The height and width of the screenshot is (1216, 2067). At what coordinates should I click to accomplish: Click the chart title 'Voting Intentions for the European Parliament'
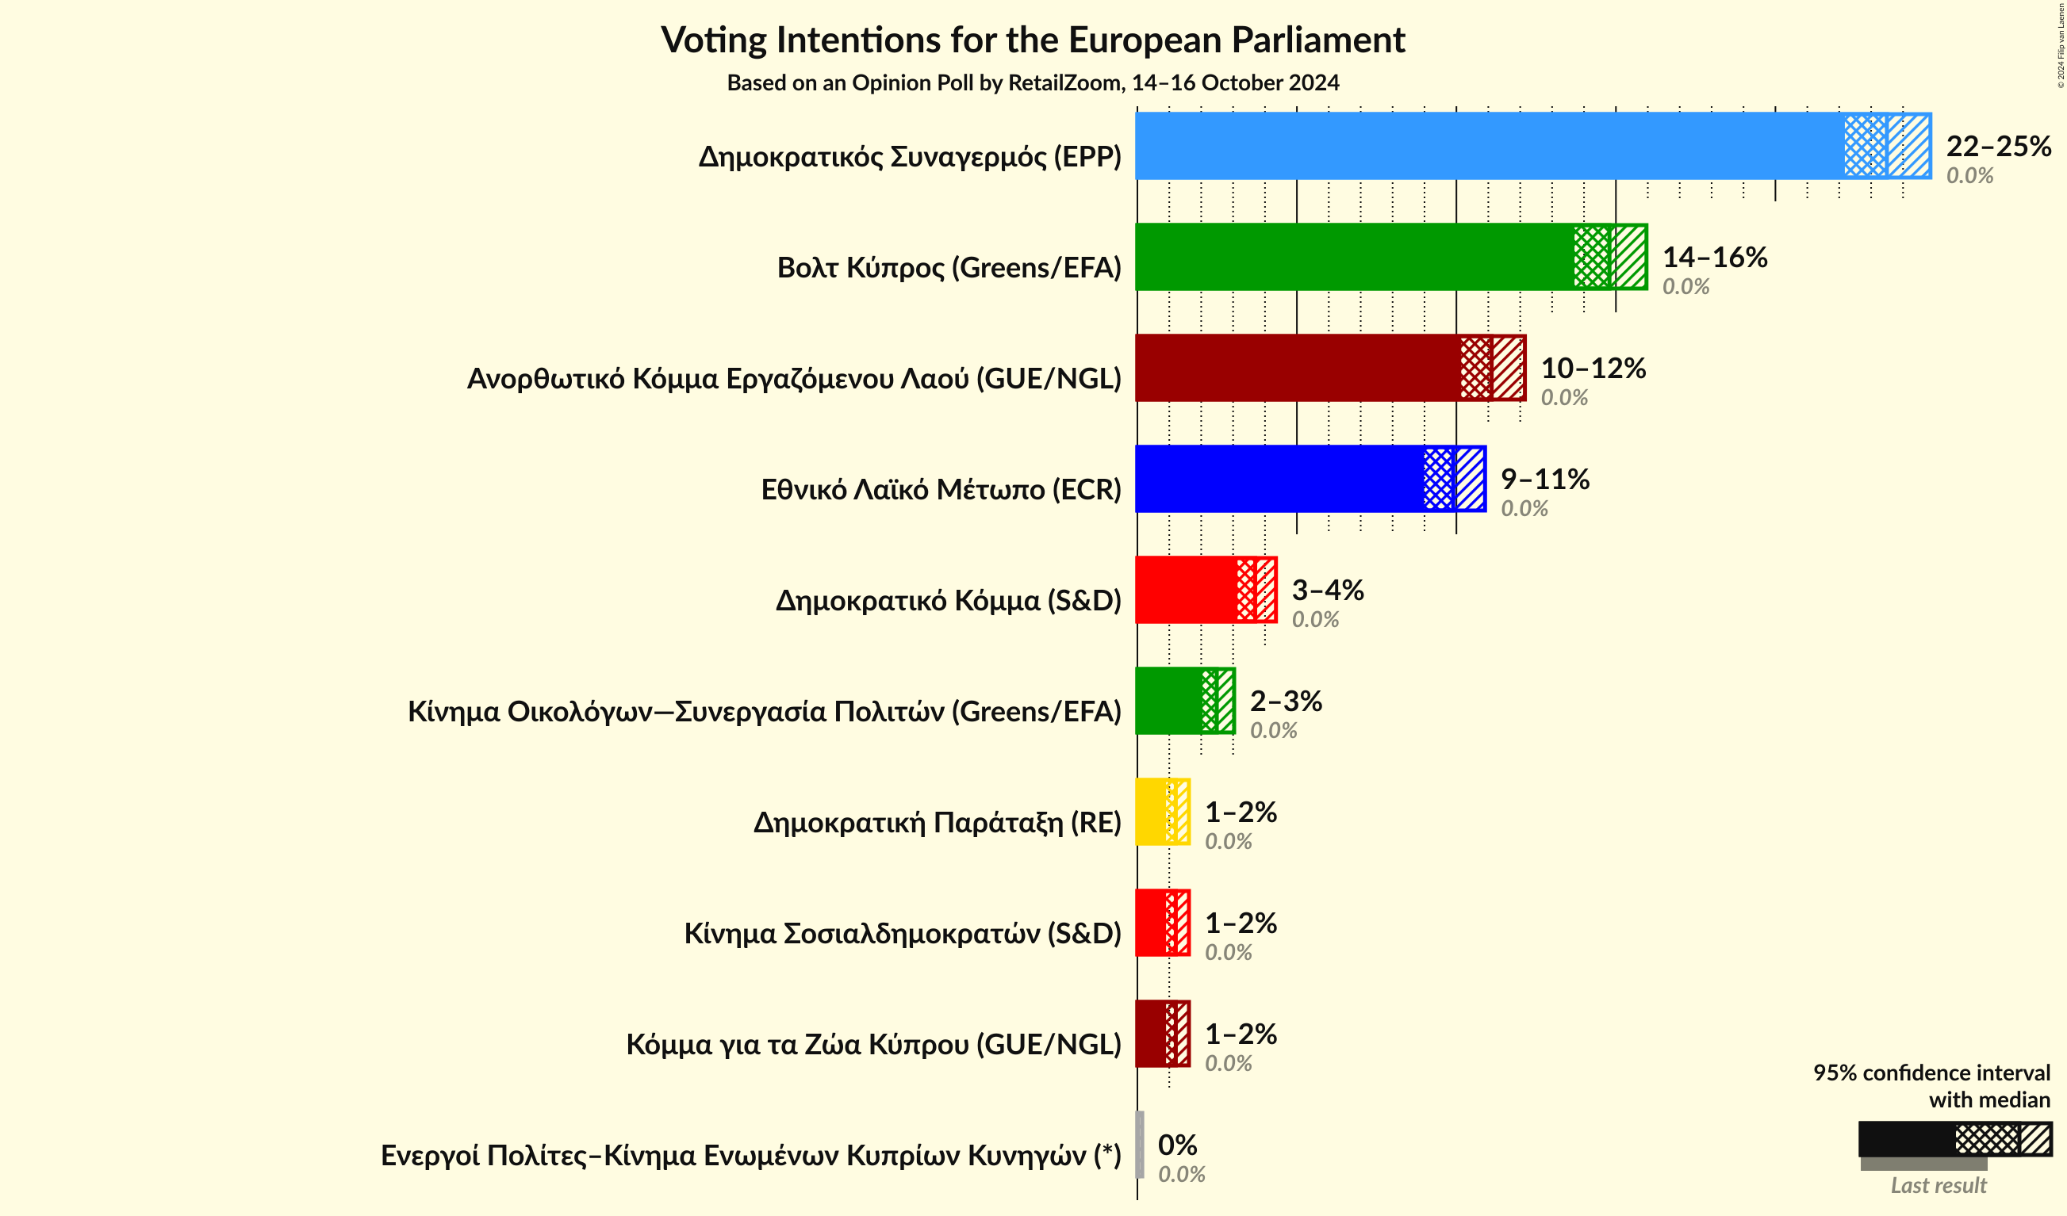pyautogui.click(x=1033, y=40)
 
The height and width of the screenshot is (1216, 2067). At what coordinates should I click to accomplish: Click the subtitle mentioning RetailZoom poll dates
pyautogui.click(x=1033, y=82)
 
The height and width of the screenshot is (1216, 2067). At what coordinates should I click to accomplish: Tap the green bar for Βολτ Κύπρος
pyautogui.click(x=1353, y=257)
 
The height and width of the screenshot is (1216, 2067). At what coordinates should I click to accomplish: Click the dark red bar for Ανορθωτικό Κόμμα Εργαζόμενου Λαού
pyautogui.click(x=1296, y=368)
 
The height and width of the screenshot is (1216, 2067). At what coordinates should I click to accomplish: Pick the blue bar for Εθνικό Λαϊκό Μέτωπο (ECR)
pyautogui.click(x=1279, y=479)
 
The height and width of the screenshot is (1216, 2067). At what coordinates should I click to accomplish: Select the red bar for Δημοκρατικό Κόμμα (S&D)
pyautogui.click(x=1186, y=590)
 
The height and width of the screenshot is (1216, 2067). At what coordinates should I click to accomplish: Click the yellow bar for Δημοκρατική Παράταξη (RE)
pyautogui.click(x=1152, y=812)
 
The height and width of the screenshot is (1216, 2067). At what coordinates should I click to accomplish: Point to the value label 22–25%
pyautogui.click(x=1998, y=146)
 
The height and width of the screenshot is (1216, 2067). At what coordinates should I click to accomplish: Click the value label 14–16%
pyautogui.click(x=1714, y=258)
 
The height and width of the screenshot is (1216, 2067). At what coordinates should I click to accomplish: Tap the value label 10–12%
pyautogui.click(x=1593, y=368)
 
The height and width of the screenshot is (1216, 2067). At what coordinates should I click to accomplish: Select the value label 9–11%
pyautogui.click(x=1544, y=479)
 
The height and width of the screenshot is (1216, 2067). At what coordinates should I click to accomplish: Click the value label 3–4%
pyautogui.click(x=1327, y=590)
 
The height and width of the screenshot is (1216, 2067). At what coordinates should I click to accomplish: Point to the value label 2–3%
pyautogui.click(x=1285, y=701)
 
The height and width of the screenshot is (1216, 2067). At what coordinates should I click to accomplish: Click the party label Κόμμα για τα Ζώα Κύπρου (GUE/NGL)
pyautogui.click(x=873, y=1044)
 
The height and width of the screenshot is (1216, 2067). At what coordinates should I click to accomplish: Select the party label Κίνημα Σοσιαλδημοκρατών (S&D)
pyautogui.click(x=903, y=933)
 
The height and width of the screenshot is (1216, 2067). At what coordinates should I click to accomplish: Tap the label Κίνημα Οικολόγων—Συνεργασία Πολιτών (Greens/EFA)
pyautogui.click(x=765, y=711)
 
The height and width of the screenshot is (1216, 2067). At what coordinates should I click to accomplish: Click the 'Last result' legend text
pyautogui.click(x=1939, y=1185)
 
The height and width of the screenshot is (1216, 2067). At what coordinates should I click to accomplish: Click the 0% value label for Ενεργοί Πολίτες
pyautogui.click(x=1177, y=1145)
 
